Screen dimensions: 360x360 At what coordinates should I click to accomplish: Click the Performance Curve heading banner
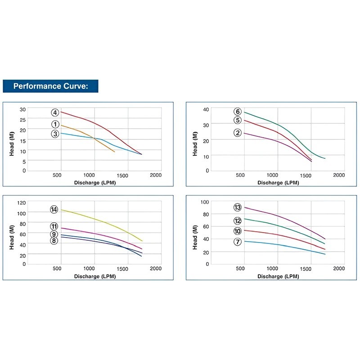(50, 86)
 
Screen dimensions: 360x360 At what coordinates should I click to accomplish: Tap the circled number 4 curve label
(55, 112)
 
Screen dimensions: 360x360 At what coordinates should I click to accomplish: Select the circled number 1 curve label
(55, 124)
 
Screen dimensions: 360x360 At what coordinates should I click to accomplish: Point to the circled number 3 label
(55, 133)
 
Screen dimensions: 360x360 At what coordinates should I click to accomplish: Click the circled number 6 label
(238, 112)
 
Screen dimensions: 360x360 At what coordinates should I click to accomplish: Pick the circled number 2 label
(238, 132)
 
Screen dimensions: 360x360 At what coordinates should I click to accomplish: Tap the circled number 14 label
(54, 209)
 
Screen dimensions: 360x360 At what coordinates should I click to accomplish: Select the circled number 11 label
(54, 226)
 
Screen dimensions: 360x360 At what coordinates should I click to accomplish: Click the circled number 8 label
(54, 241)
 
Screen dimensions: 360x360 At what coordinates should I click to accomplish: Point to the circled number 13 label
(238, 207)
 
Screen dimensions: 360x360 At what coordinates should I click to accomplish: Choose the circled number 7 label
(238, 242)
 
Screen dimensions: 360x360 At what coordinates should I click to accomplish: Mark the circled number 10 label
(238, 231)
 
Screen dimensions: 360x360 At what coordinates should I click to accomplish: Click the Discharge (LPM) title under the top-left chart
(94, 183)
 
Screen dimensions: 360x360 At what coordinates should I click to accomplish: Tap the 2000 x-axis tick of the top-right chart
(338, 175)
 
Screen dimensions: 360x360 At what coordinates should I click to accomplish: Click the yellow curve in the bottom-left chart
(103, 221)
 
